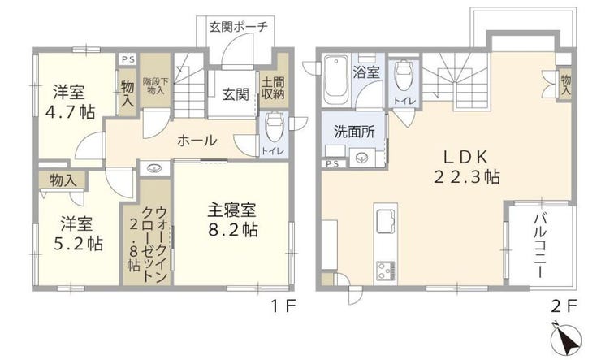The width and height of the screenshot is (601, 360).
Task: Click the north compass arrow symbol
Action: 566,339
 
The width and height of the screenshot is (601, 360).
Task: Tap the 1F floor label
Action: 283,306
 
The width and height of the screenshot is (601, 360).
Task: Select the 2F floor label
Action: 564,306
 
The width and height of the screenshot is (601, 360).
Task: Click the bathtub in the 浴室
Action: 336,80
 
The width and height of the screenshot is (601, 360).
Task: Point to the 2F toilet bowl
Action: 403,76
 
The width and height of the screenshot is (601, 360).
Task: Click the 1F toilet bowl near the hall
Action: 273,127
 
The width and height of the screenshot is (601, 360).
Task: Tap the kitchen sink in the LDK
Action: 385,222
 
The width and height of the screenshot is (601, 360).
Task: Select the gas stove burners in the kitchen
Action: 386,271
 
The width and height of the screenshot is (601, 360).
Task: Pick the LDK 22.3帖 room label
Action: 466,167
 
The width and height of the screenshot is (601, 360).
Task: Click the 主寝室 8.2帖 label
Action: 232,219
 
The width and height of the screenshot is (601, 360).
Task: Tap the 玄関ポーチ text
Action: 238,27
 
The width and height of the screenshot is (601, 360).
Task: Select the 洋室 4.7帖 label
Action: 70,102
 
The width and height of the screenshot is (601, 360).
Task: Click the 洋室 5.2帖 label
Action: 78,233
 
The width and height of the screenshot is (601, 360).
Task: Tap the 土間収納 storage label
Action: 273,89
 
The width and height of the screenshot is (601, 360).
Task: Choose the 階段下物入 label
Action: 155,86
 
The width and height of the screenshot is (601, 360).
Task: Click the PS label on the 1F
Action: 128,59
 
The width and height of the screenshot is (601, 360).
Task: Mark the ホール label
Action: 197,141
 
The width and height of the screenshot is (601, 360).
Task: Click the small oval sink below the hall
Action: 154,167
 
